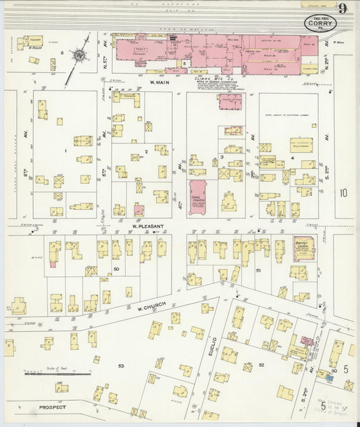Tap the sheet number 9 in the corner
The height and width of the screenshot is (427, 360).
click(x=343, y=9)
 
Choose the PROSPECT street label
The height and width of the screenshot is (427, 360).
click(x=52, y=407)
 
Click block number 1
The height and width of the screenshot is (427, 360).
click(x=65, y=151)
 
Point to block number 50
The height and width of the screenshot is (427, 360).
click(x=116, y=269)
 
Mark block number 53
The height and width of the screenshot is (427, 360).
click(x=122, y=366)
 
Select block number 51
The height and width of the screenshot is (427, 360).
click(x=259, y=270)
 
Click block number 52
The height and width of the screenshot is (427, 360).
click(x=261, y=365)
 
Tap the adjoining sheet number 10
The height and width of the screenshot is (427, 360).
click(x=344, y=193)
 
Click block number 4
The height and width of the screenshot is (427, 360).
click(x=292, y=158)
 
